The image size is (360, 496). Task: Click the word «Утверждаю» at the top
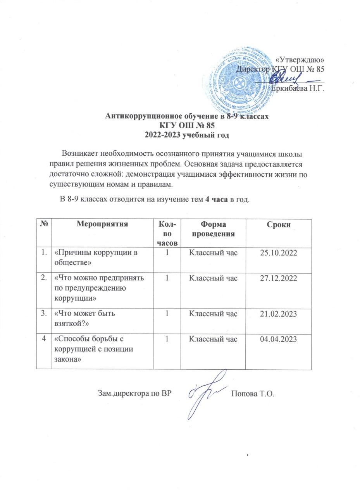(299, 60)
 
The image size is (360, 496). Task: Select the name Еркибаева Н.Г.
(297, 88)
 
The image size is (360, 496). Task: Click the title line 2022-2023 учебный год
(187, 135)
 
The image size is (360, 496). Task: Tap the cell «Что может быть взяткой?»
(85, 318)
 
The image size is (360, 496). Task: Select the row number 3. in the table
(44, 314)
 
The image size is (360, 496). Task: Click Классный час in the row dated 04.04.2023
(213, 339)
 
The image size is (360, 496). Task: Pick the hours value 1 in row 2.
(167, 279)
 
